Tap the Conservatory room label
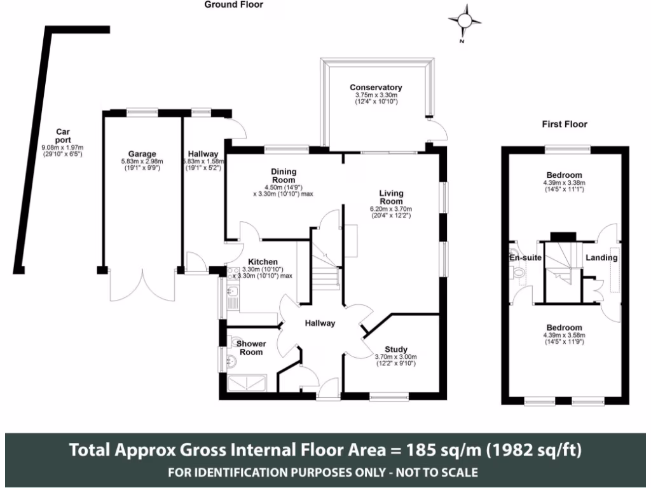[x=376, y=87]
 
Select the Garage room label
[x=142, y=154]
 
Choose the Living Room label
[x=392, y=197]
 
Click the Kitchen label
[x=263, y=262]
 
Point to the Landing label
[x=601, y=258]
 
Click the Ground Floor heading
[x=233, y=4]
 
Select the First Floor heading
[x=564, y=125]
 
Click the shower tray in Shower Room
[x=248, y=382]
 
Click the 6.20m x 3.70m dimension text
[x=392, y=209]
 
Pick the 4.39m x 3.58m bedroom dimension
[x=563, y=335]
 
